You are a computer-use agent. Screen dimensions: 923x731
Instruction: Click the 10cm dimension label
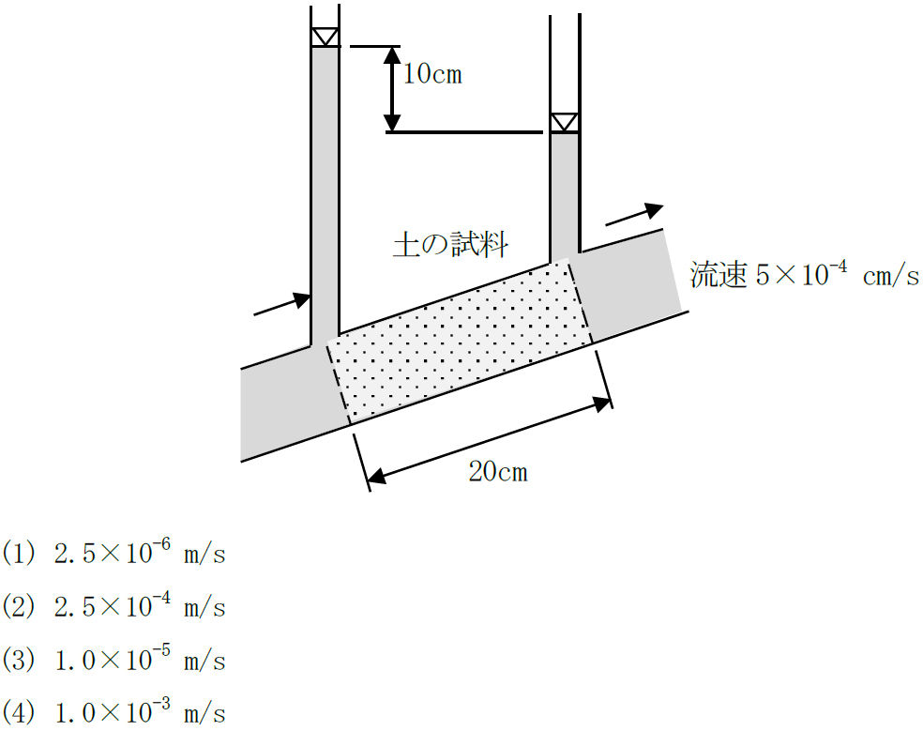(432, 75)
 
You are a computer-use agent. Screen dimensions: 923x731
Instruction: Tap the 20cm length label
(498, 472)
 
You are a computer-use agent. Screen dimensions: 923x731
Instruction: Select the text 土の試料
(450, 245)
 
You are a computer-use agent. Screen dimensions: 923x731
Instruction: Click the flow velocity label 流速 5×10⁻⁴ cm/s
(805, 274)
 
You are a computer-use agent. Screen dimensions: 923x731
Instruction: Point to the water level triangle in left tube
(325, 38)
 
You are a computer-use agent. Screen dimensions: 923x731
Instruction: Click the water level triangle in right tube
(565, 123)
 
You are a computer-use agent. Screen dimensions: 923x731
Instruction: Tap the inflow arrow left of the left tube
(282, 304)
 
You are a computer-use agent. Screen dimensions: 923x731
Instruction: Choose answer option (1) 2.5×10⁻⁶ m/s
(113, 553)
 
